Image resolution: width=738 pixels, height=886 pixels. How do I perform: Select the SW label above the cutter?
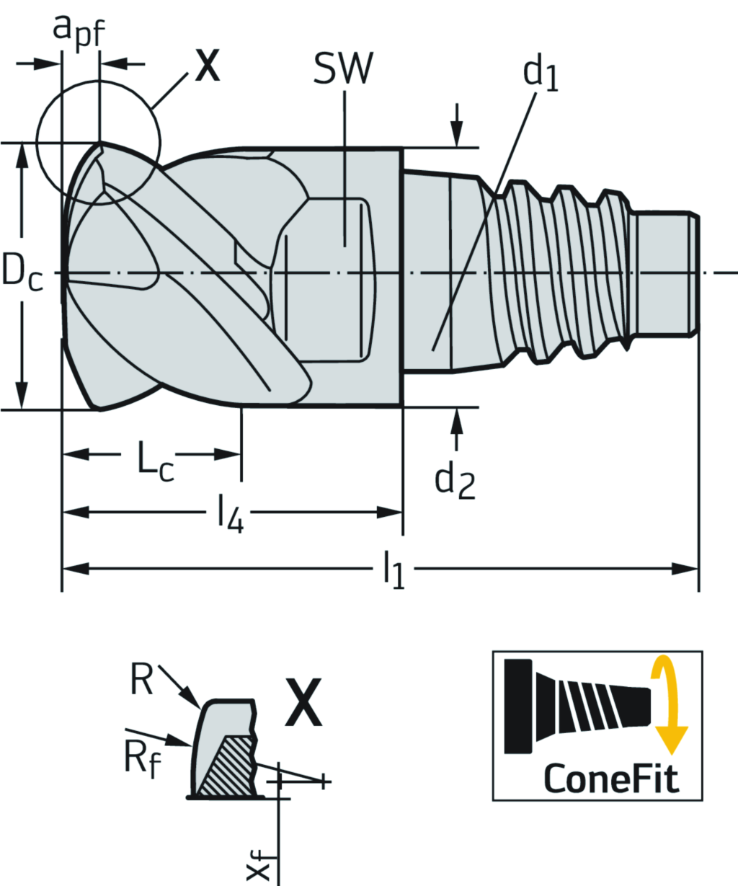click(343, 70)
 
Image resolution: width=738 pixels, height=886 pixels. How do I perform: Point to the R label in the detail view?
click(142, 680)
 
